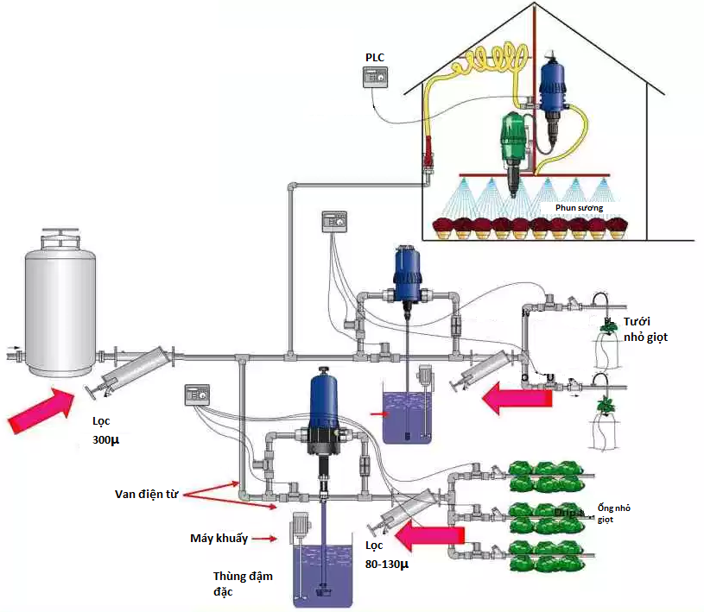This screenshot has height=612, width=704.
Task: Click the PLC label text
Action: [375, 57]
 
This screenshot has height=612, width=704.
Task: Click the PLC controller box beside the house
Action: [376, 79]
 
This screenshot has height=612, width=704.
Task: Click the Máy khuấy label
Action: [219, 539]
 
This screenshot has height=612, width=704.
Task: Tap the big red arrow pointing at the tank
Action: [40, 409]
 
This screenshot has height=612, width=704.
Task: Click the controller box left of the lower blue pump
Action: [196, 394]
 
